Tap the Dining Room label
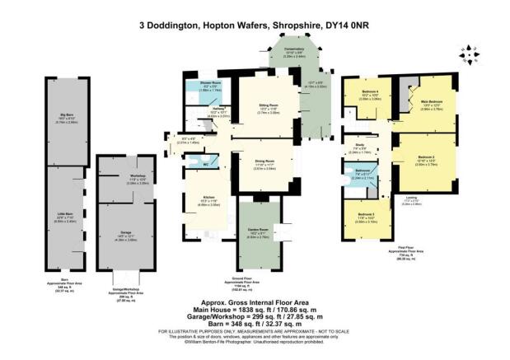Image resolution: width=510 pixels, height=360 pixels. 264,161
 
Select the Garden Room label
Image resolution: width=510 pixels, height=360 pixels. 258,229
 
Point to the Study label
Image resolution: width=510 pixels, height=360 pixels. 361,145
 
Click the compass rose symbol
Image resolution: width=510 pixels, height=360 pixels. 467,52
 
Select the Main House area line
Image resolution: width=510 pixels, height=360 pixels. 255,311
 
